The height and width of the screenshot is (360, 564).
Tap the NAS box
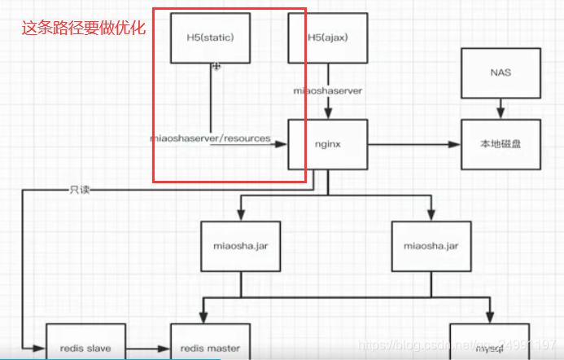[x=501, y=72]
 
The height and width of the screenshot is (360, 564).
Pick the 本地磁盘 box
[x=501, y=144]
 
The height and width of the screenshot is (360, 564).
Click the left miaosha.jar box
[x=240, y=245]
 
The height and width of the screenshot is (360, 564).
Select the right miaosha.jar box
[x=429, y=245]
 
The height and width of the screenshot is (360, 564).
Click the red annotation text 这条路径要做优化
[x=82, y=28]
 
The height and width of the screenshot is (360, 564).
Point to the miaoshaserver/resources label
[x=210, y=138]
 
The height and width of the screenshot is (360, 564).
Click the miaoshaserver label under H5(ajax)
[x=328, y=90]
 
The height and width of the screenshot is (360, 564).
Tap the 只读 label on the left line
[x=80, y=190]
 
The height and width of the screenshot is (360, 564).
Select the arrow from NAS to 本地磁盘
[x=501, y=108]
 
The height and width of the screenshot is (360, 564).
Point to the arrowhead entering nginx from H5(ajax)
[x=328, y=115]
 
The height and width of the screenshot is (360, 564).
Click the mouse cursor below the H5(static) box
[x=216, y=68]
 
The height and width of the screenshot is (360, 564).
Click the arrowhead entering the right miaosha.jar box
[x=429, y=215]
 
